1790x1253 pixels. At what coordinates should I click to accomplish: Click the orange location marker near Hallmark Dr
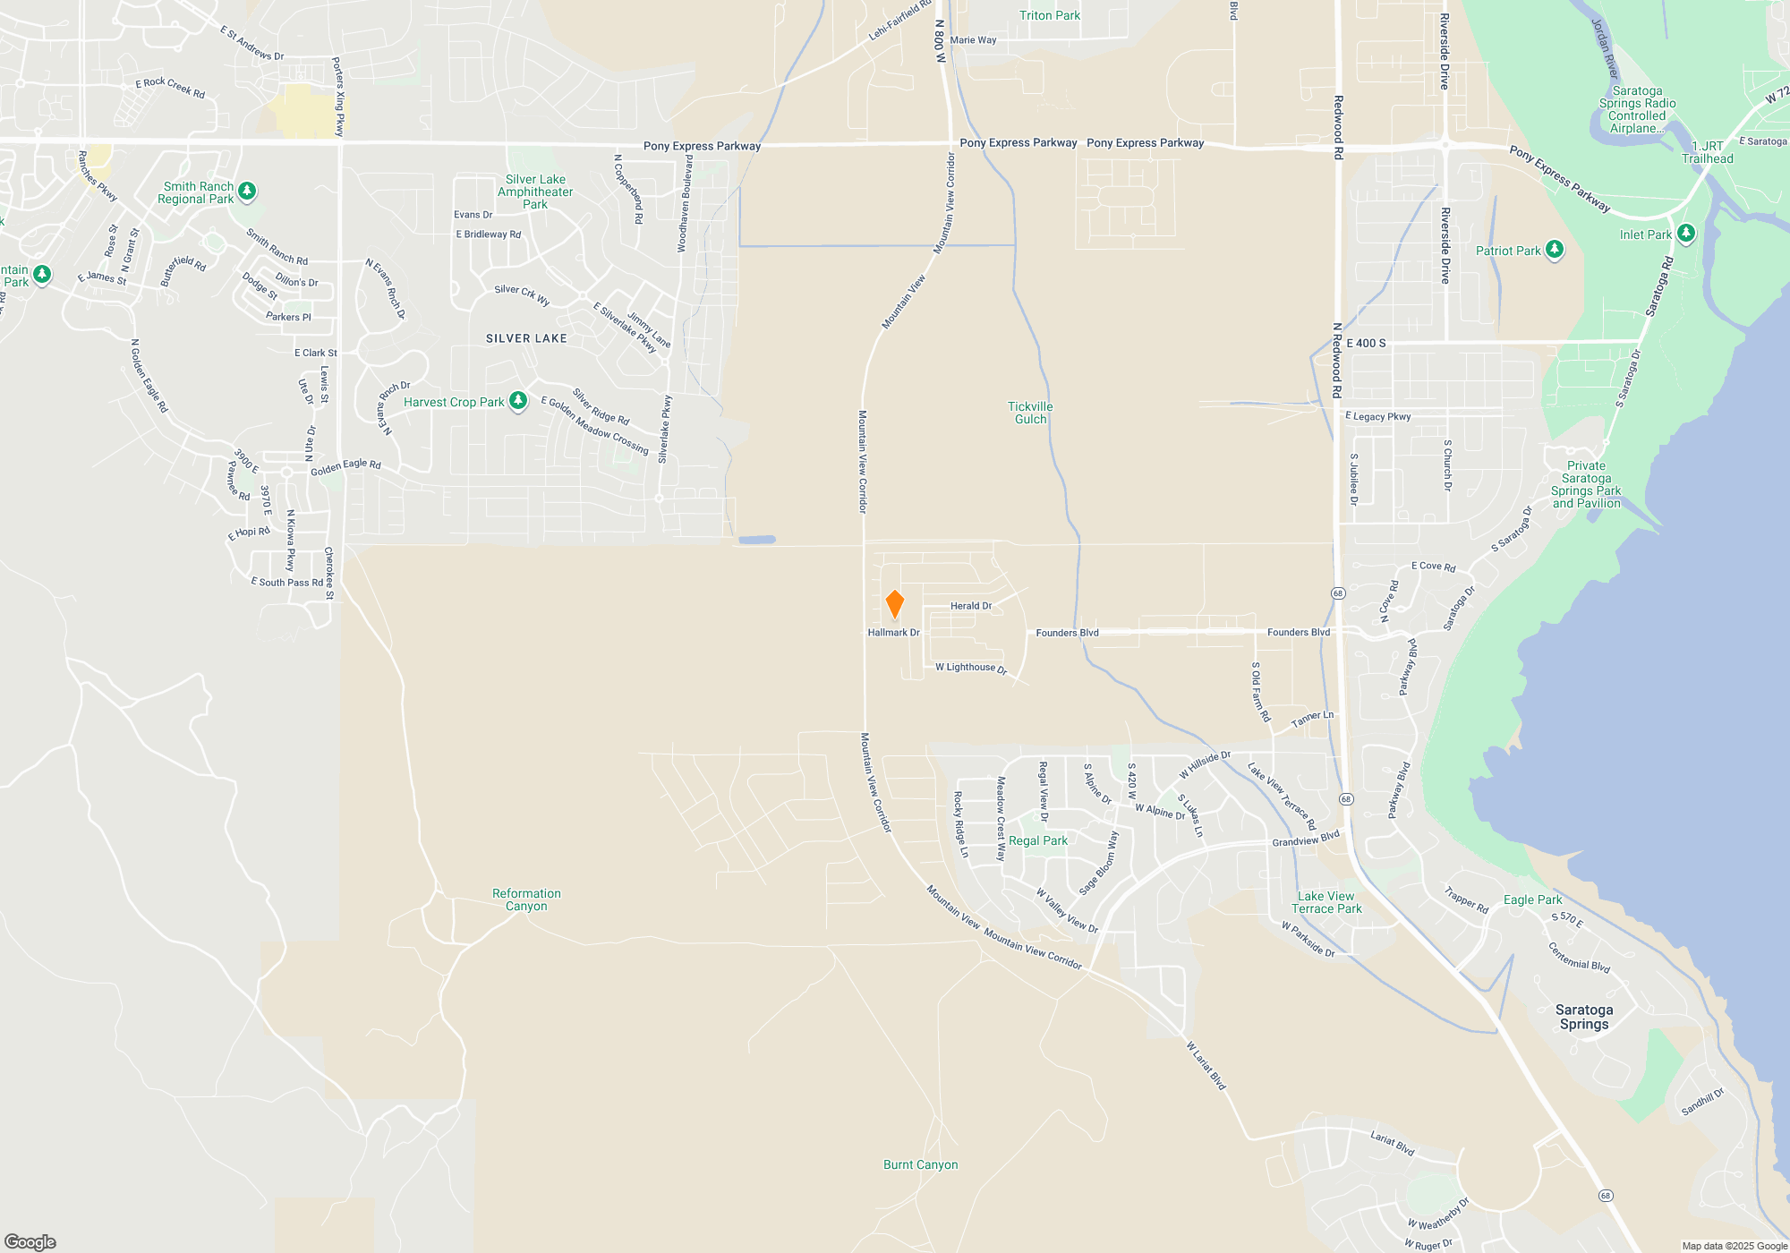click(x=894, y=604)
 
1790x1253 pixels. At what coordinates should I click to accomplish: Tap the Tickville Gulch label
click(x=1030, y=413)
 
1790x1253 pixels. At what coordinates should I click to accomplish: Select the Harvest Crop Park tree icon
click(x=518, y=401)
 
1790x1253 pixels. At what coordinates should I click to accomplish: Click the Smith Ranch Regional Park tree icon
click(x=247, y=191)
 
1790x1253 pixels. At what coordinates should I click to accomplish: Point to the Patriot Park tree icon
click(x=1555, y=250)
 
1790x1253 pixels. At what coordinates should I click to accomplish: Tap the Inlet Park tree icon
click(x=1686, y=234)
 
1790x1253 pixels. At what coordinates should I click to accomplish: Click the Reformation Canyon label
click(x=526, y=899)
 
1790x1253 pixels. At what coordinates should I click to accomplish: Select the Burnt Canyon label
click(x=920, y=1164)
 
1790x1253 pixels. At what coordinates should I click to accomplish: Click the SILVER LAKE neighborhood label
click(x=526, y=338)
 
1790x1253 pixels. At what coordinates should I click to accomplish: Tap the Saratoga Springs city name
click(x=1583, y=1017)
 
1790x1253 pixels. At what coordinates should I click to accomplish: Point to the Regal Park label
click(x=1038, y=840)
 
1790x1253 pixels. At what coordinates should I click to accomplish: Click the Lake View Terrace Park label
click(x=1326, y=902)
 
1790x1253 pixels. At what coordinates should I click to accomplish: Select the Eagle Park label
click(x=1532, y=899)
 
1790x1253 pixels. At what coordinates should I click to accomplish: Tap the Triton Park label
click(x=1050, y=15)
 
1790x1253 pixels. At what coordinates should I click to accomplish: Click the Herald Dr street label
click(x=971, y=606)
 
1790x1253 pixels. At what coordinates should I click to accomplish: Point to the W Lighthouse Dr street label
click(x=971, y=668)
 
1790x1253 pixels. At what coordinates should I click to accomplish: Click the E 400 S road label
click(x=1366, y=343)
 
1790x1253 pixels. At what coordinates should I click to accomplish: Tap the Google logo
click(x=30, y=1241)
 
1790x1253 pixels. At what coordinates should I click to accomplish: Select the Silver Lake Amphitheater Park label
click(x=535, y=192)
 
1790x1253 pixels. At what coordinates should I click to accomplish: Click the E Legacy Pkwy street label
click(x=1378, y=416)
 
